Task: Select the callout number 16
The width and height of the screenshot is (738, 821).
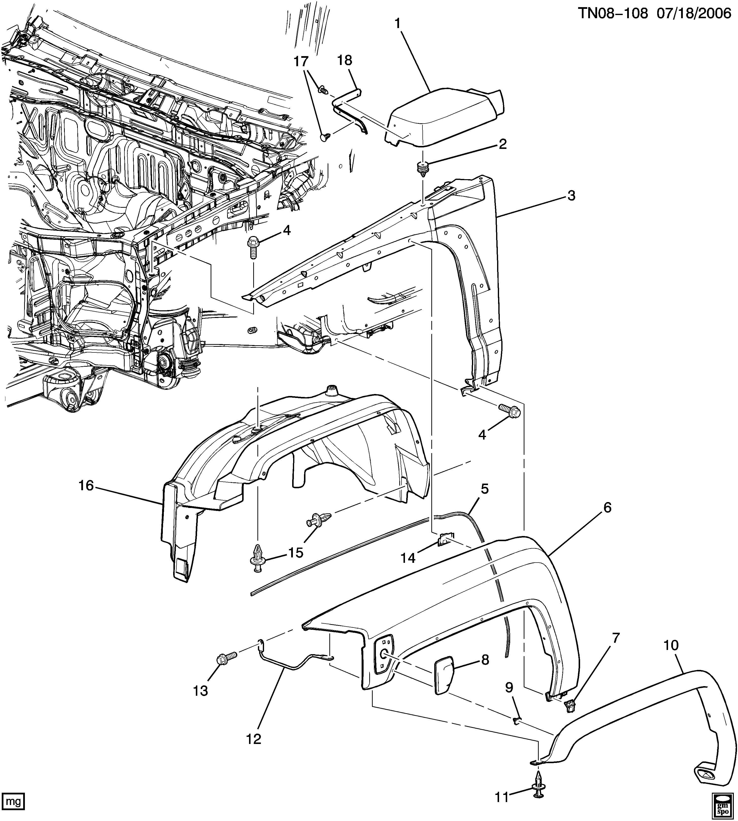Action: pos(86,485)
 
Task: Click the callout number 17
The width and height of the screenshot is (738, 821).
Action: pos(301,62)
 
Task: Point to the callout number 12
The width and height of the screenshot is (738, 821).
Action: pos(254,739)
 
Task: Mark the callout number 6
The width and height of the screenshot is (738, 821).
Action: pos(607,507)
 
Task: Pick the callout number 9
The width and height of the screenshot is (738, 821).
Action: pos(509,687)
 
